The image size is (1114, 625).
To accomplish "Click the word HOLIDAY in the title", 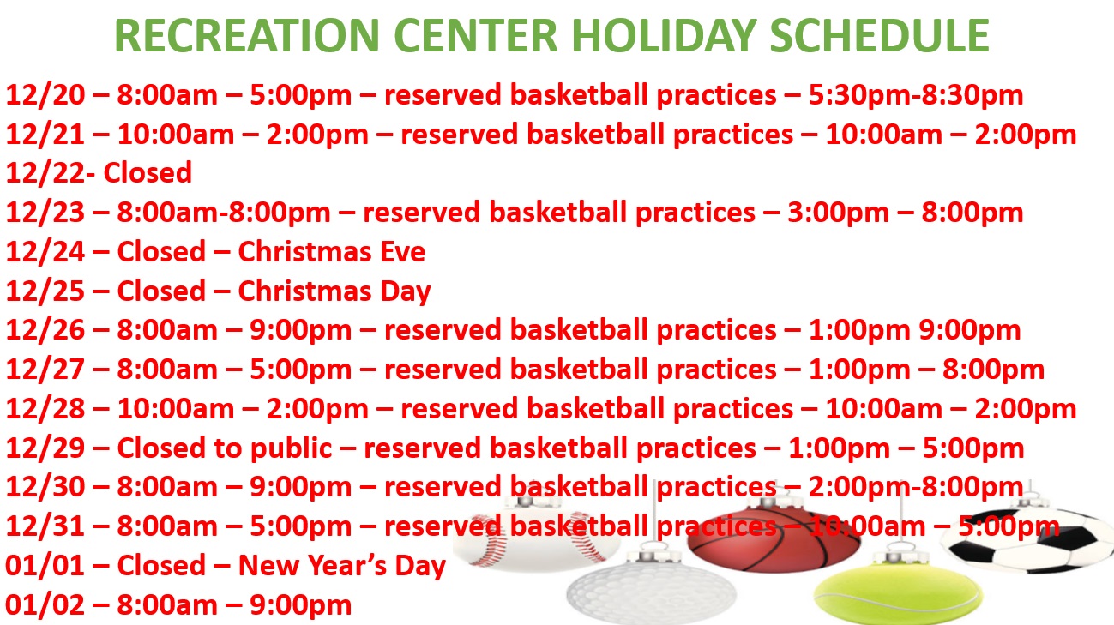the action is click(664, 35).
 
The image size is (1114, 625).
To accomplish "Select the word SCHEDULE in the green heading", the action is click(879, 35).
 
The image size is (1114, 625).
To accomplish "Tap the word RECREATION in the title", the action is click(247, 35).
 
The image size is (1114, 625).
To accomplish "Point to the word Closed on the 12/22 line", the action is click(148, 172).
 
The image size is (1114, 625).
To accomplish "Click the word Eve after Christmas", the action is click(403, 251).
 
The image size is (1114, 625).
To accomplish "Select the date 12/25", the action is click(45, 291).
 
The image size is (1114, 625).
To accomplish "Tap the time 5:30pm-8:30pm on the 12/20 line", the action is click(916, 95).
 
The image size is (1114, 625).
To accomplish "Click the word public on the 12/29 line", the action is click(291, 448).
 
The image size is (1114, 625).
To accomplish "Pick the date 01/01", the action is click(45, 565).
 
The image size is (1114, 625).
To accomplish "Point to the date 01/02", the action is click(45, 604).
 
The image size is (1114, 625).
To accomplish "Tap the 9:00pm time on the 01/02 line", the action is click(300, 605).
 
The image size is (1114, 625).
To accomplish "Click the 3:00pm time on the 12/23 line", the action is click(839, 213).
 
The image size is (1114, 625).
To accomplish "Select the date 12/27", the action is click(45, 370).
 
